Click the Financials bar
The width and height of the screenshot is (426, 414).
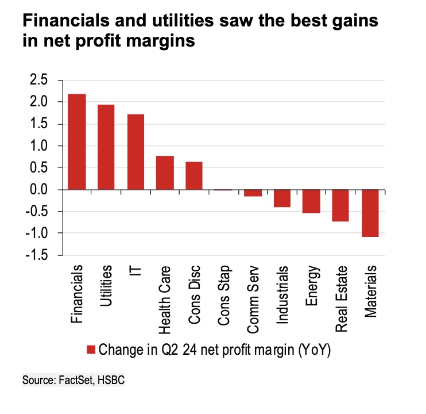point(77,141)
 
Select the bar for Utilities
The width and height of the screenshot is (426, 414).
point(106,147)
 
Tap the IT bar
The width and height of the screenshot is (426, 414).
point(135,152)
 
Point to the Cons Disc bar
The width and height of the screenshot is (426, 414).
point(194,175)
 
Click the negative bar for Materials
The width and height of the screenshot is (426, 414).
point(370,213)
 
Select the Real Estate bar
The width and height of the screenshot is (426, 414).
point(340,205)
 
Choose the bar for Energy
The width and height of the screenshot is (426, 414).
point(311,201)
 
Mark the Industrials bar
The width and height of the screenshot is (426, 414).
point(282,198)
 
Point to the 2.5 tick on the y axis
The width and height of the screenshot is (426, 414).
point(41,80)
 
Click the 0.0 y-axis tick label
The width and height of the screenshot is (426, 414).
point(41,190)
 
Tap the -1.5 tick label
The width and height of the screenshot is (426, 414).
point(39,255)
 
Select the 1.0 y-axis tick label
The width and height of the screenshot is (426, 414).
point(41,146)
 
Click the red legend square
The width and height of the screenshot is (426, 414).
point(91,350)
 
